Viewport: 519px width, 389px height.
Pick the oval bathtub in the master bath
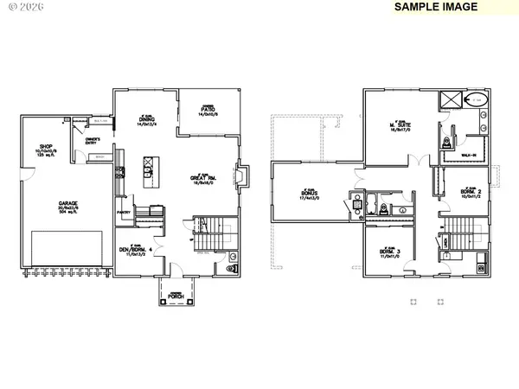[477, 100]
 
